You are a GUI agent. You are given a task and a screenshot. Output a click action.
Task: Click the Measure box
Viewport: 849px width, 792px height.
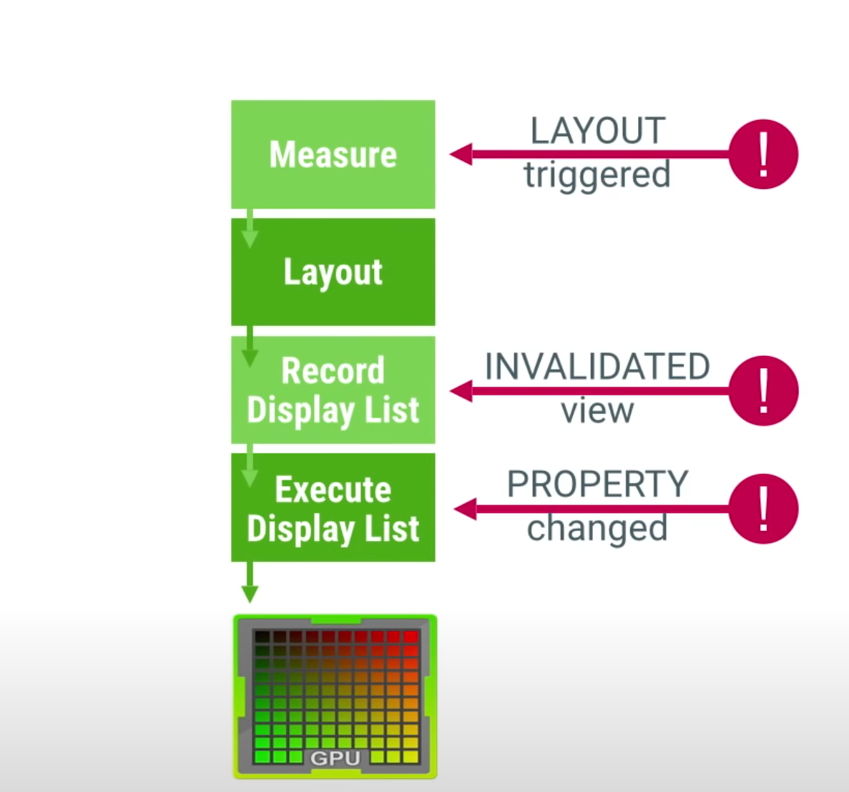pyautogui.click(x=333, y=154)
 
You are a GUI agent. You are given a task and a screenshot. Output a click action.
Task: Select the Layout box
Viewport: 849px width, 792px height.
pyautogui.click(x=333, y=272)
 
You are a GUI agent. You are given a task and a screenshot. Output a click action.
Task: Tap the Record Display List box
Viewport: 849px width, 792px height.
pyautogui.click(x=333, y=390)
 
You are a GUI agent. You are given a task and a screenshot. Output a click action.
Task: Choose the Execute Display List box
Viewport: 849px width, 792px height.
pyautogui.click(x=333, y=508)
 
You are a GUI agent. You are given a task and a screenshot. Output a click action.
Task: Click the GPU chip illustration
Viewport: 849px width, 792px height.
pyautogui.click(x=335, y=696)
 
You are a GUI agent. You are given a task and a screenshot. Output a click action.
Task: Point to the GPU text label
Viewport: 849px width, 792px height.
pyautogui.click(x=335, y=758)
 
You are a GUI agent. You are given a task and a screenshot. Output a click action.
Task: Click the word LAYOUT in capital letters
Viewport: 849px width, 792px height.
pyautogui.click(x=597, y=132)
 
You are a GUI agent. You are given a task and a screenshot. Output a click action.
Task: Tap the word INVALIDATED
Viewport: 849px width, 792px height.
pyautogui.click(x=597, y=367)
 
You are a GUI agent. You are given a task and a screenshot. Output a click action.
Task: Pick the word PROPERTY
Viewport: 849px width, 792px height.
pyautogui.click(x=597, y=485)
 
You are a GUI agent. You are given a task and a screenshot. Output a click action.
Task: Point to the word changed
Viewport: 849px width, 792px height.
pyautogui.click(x=597, y=529)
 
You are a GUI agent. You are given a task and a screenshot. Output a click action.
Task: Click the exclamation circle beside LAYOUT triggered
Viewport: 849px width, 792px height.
pyautogui.click(x=763, y=154)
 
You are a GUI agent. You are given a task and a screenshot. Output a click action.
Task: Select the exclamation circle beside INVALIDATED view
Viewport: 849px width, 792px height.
pyautogui.click(x=763, y=391)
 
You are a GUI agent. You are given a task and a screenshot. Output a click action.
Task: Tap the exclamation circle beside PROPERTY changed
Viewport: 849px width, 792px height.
pyautogui.click(x=763, y=509)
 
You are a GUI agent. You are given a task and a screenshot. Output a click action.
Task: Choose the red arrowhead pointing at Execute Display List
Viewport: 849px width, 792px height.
pyautogui.click(x=465, y=509)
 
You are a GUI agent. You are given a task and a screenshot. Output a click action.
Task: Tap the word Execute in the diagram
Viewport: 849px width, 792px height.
pyautogui.click(x=333, y=490)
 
